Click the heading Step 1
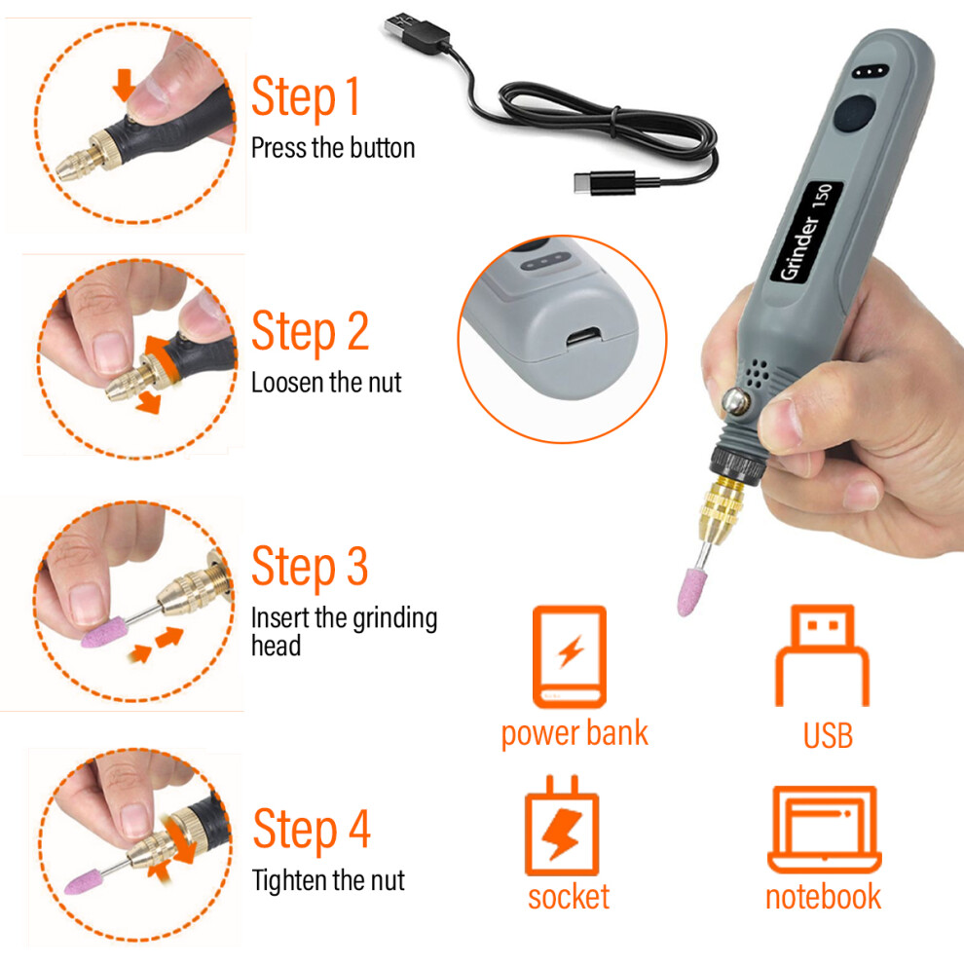(x=306, y=97)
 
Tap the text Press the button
(x=333, y=148)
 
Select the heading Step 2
(x=311, y=333)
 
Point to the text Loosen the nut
(x=326, y=383)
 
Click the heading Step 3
(x=310, y=568)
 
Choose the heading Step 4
(x=312, y=830)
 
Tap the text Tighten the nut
(x=328, y=880)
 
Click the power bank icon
(x=570, y=656)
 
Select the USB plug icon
(x=823, y=655)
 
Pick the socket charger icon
(x=561, y=826)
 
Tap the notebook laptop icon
(x=825, y=830)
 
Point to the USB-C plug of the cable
(x=605, y=183)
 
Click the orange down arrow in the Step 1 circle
(x=125, y=85)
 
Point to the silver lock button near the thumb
(x=736, y=401)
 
